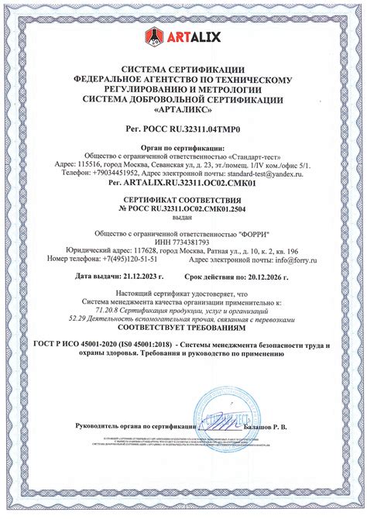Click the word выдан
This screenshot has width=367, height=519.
(x=183, y=218)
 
